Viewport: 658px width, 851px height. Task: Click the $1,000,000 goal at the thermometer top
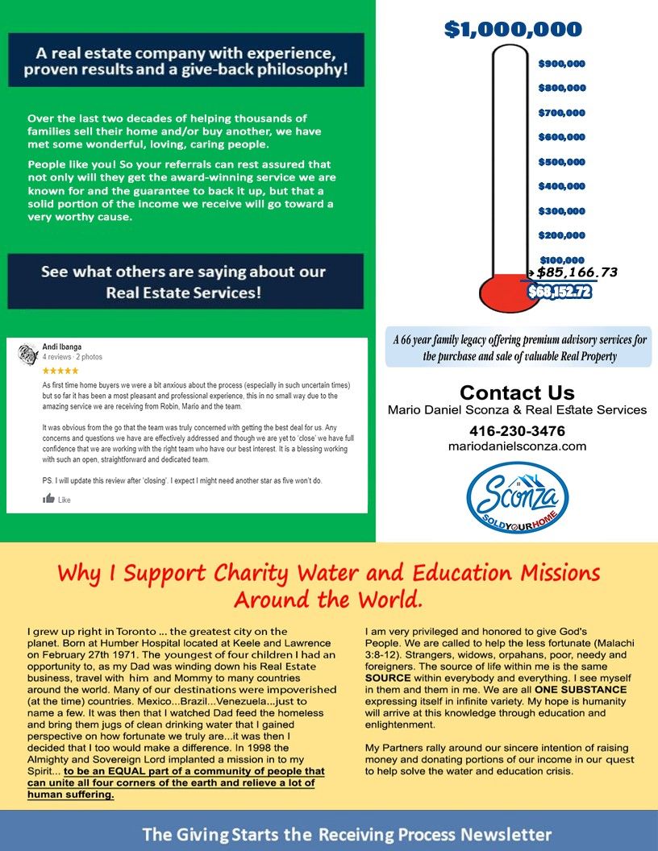(513, 30)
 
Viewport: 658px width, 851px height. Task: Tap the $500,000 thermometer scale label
(561, 161)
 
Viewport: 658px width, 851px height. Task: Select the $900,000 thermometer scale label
(561, 63)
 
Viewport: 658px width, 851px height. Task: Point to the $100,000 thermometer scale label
(561, 259)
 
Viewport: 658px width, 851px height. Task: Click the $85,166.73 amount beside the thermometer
(577, 272)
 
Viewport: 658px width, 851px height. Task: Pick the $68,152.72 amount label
(560, 292)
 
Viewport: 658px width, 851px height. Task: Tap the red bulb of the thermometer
(504, 292)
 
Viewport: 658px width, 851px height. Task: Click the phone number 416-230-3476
(517, 430)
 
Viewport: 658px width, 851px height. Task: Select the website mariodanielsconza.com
(517, 446)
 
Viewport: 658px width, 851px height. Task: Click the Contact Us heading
(517, 393)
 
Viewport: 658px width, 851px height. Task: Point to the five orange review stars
(60, 371)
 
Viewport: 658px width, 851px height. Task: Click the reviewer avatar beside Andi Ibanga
(28, 352)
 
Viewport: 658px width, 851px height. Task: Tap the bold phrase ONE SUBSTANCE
(578, 690)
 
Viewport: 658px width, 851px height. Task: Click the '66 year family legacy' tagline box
(517, 347)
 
